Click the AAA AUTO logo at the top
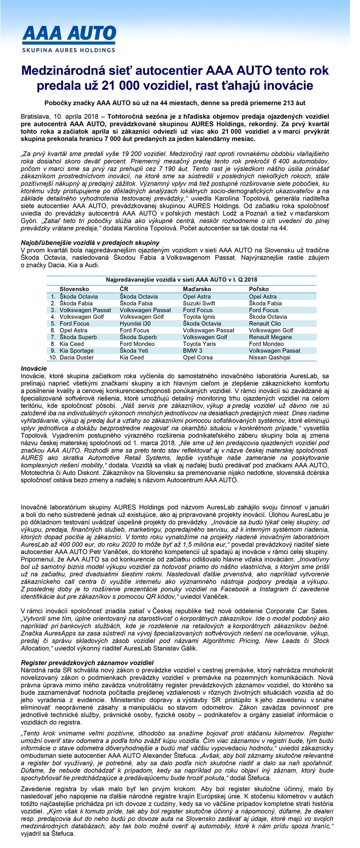[x=69, y=35]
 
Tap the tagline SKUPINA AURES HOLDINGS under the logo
[x=69, y=50]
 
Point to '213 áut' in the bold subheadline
[x=294, y=103]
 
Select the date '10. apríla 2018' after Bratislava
[x=75, y=117]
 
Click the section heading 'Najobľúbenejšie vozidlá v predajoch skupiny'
[x=90, y=242]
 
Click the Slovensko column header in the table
[x=74, y=289]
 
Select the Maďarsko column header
[x=197, y=289]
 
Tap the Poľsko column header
[x=259, y=289]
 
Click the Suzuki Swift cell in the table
[x=199, y=303]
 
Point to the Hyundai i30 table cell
[x=135, y=323]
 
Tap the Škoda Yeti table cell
[x=134, y=350]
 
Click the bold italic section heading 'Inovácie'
[x=34, y=368]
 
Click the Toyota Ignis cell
[x=199, y=317]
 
